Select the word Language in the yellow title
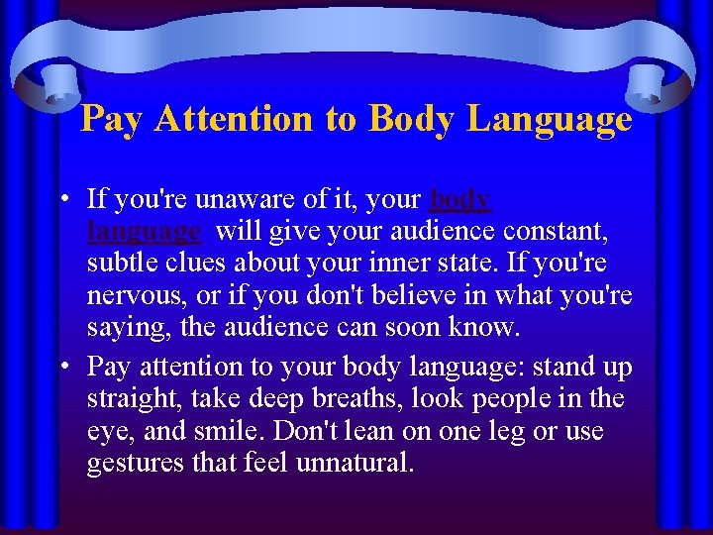tap(550, 119)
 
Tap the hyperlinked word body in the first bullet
tap(460, 199)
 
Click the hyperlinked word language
tap(144, 233)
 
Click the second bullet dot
tap(62, 367)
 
